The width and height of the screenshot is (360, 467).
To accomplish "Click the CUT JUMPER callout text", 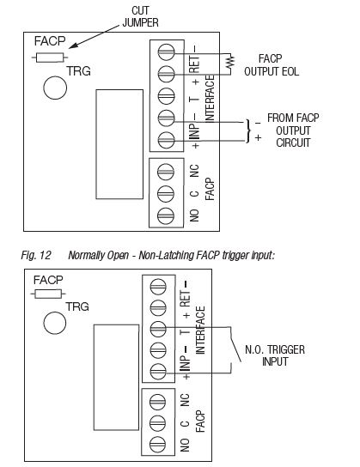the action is tap(140, 16).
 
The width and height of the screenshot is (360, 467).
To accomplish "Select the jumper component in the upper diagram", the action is tap(50, 58).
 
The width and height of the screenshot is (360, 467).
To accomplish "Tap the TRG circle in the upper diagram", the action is tap(55, 88).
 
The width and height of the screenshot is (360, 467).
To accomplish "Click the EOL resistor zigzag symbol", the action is tap(230, 64).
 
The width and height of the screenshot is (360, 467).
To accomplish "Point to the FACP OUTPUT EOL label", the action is tap(272, 65).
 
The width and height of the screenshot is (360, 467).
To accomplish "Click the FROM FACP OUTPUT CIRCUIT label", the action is tap(293, 130).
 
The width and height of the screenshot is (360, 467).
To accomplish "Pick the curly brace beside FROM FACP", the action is tap(248, 131).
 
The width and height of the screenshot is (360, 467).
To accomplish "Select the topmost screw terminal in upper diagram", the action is tap(167, 52).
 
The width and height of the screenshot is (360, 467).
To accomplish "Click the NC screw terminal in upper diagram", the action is tap(166, 172).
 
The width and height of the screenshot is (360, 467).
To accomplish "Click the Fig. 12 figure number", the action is tap(36, 255).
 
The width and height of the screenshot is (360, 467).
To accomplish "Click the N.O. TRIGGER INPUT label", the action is tap(275, 355).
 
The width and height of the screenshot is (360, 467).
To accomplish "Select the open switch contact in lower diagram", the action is tap(235, 345).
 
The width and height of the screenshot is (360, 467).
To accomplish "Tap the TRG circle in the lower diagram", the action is tap(55, 323).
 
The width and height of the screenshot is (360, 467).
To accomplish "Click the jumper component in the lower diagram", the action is tap(48, 294).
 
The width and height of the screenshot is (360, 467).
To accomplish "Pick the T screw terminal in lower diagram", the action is tap(158, 329).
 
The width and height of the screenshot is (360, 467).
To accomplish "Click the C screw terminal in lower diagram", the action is tap(157, 423).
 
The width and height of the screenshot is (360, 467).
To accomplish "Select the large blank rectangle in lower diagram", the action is tap(117, 378).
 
